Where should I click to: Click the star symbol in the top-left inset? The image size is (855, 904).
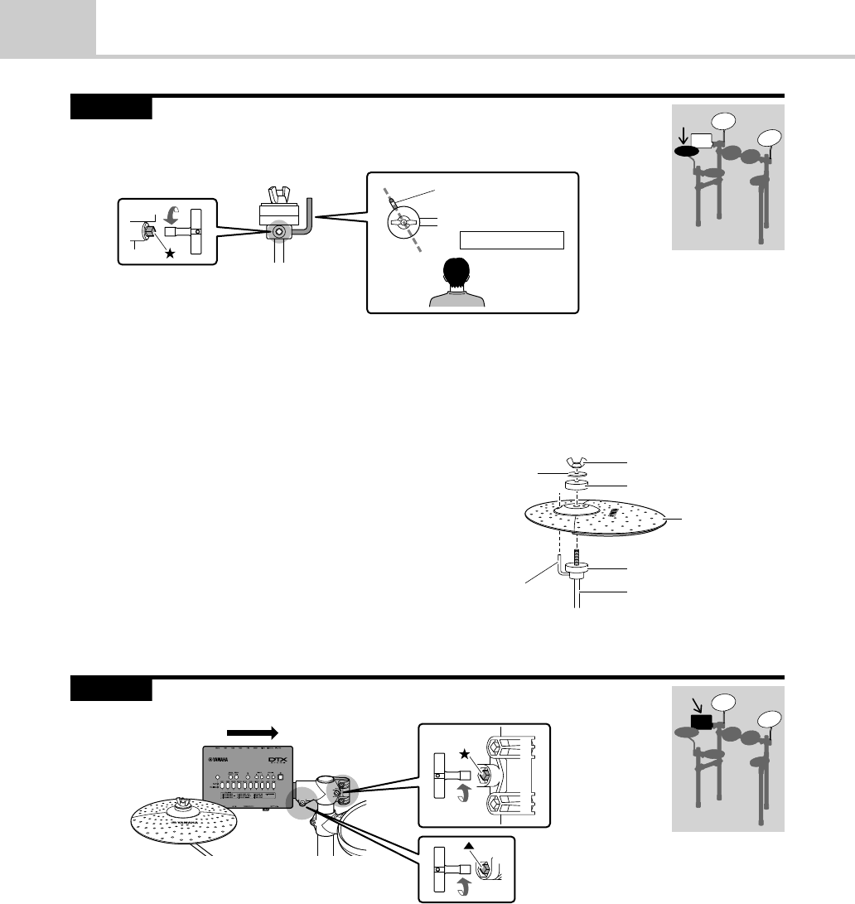170,254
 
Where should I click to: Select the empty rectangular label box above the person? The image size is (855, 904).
511,240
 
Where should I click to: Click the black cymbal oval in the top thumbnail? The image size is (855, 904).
687,152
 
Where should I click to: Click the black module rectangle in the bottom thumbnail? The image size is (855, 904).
699,722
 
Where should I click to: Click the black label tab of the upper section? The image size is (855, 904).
111,108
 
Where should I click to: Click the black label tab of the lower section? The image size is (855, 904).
111,689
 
